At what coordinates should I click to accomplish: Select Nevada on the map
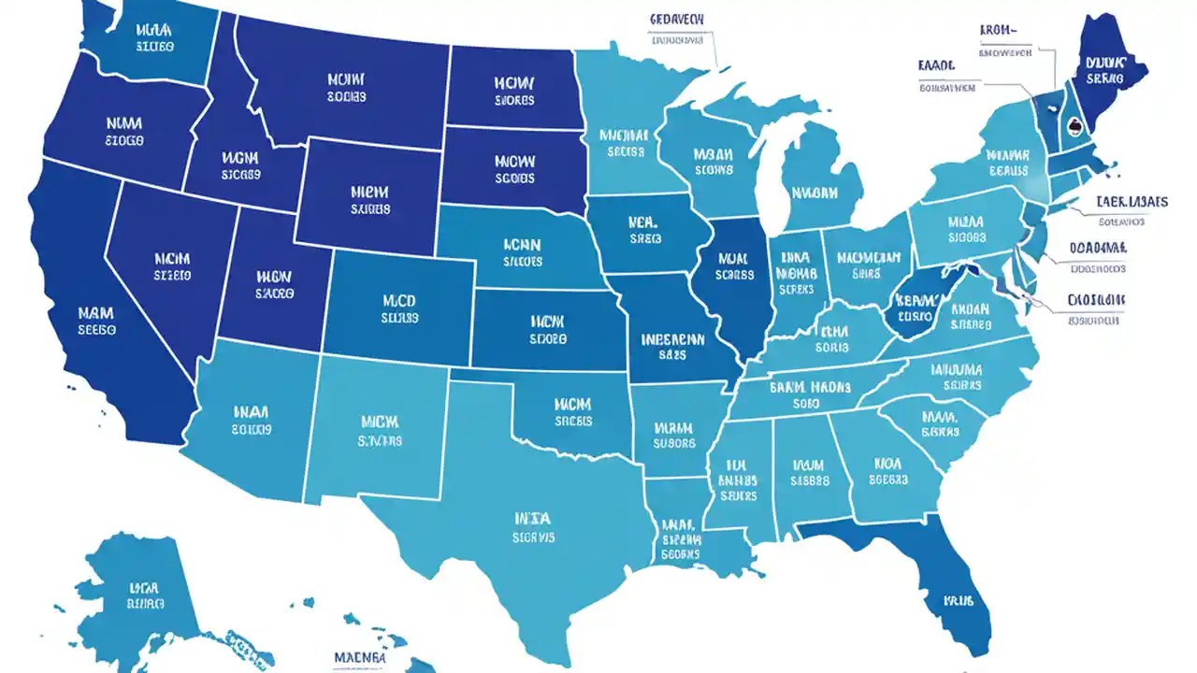(x=168, y=271)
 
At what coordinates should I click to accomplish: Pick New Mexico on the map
(x=374, y=430)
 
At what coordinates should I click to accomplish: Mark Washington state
(x=150, y=37)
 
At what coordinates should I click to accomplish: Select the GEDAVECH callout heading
(x=677, y=19)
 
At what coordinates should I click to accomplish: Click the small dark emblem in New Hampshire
(x=1074, y=128)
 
